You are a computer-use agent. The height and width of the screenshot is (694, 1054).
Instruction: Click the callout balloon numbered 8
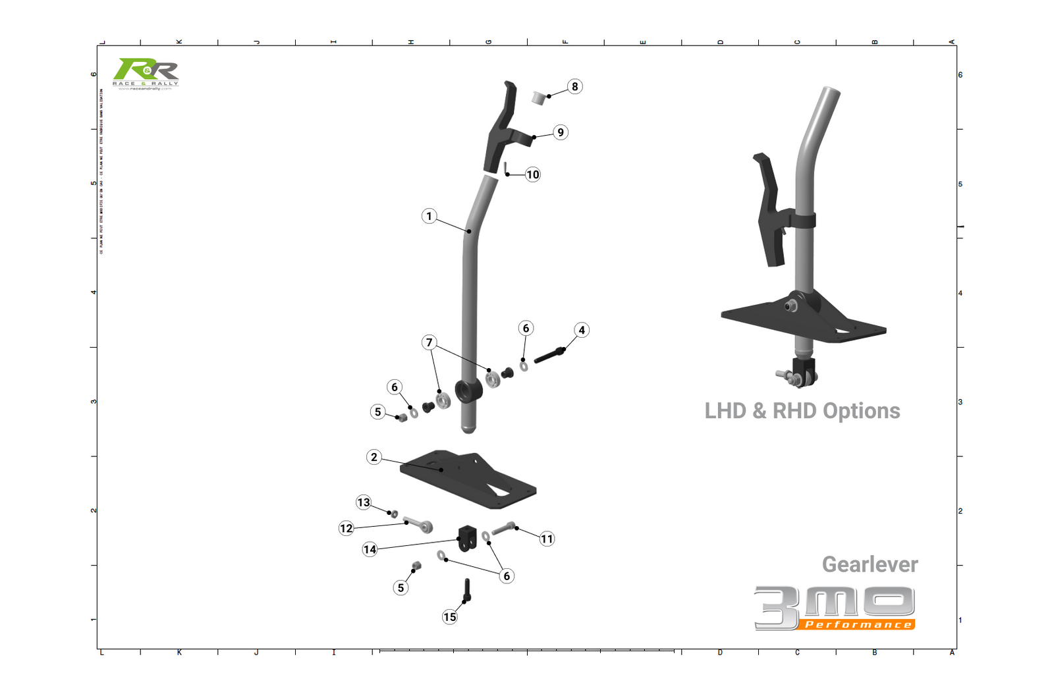[574, 86]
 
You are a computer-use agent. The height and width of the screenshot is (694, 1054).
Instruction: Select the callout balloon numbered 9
[560, 132]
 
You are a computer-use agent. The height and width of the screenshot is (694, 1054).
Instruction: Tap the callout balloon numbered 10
[532, 174]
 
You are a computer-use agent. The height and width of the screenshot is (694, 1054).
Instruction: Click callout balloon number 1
[429, 216]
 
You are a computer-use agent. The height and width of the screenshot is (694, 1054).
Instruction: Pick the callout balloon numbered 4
[581, 330]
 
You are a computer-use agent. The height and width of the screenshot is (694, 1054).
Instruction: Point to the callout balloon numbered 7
[429, 342]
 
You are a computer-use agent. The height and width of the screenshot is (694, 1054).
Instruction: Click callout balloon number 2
[374, 457]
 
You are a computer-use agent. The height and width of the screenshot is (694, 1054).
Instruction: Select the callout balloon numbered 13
[364, 502]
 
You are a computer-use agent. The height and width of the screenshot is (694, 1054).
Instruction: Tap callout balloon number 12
[346, 528]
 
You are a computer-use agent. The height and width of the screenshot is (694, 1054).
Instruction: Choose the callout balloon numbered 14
[370, 549]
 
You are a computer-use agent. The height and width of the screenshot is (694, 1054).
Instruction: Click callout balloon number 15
[449, 617]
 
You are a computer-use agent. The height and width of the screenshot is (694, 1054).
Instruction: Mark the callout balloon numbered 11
[547, 539]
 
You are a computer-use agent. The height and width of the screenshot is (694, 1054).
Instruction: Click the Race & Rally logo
[146, 73]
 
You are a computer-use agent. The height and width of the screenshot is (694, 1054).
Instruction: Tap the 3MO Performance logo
[835, 608]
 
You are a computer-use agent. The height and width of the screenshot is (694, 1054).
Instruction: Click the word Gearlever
[870, 564]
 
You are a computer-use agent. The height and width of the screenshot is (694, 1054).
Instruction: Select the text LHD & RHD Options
[802, 411]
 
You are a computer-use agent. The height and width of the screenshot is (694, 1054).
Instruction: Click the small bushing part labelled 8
[539, 98]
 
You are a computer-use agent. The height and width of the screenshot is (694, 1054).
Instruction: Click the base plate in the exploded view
[468, 479]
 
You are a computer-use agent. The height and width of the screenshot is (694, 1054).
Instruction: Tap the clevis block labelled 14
[467, 538]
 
